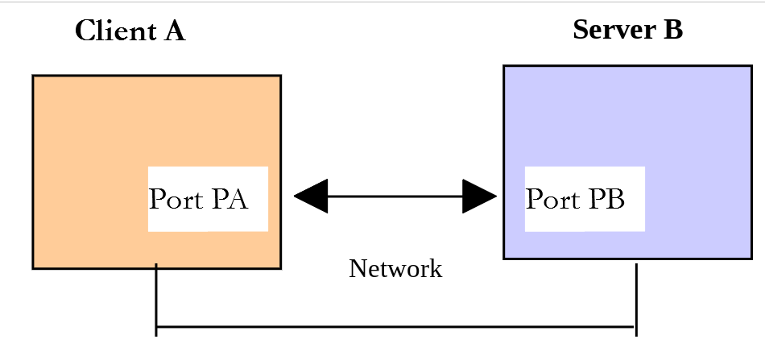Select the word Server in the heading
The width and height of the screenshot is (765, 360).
[x=614, y=29]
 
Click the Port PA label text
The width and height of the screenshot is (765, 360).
[x=199, y=199]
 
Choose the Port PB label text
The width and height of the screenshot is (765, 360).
[x=575, y=199]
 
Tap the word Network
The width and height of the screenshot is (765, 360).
[x=395, y=268]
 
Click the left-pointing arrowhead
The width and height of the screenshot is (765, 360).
[x=311, y=196]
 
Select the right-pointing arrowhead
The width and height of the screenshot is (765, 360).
[x=480, y=196]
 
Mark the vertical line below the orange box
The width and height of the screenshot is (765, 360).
[x=156, y=300]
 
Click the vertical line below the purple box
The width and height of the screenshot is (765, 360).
[x=636, y=300]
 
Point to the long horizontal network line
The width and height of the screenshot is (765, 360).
[x=395, y=327]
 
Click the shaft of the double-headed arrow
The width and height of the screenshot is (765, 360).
[x=395, y=196]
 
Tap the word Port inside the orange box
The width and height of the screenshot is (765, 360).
[x=176, y=199]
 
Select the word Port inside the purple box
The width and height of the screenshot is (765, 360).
[x=552, y=199]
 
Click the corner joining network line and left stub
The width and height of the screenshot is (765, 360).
[x=156, y=327]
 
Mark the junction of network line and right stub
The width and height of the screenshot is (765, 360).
[x=636, y=327]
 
